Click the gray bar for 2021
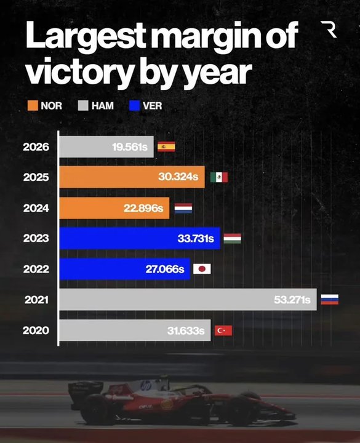188,300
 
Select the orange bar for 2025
132,177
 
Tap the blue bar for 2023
140,238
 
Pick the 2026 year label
36,147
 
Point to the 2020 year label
36,330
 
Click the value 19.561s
130,147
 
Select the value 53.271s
292,300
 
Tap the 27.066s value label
165,269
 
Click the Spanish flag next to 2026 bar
166,146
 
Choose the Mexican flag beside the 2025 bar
219,177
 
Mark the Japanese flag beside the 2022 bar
202,269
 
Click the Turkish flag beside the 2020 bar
223,330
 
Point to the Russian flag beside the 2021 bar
329,300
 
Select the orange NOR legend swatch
33,106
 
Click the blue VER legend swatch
135,106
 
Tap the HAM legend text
103,106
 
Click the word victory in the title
79,71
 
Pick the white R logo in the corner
329,30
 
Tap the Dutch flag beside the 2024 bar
183,208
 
